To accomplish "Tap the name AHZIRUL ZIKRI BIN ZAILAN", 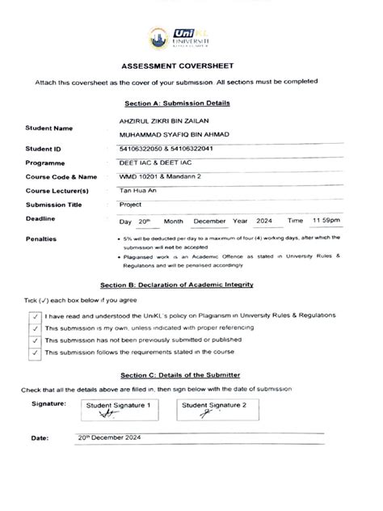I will click(158, 120).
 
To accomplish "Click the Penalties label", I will click(41, 239).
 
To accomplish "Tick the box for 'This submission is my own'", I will click(35, 328).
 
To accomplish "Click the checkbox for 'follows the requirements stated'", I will click(35, 353).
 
